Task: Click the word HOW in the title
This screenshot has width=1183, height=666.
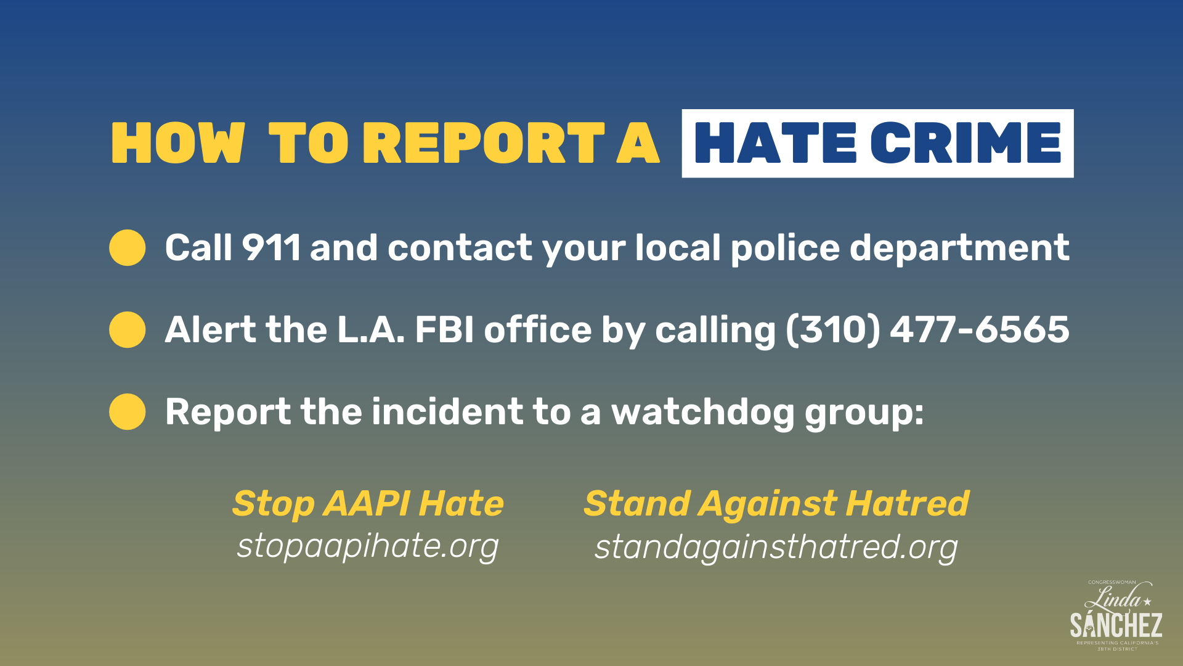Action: pos(177,143)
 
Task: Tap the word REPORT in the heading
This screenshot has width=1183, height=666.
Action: pos(484,143)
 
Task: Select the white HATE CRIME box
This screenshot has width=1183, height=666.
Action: pos(877,143)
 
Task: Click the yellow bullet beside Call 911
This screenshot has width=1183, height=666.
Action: pos(128,248)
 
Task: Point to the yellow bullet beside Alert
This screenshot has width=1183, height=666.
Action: pos(128,329)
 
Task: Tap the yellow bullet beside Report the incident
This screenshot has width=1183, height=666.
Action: pos(128,411)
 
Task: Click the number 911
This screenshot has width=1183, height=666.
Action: pos(271,248)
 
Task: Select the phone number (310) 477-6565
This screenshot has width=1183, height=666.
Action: pos(927,329)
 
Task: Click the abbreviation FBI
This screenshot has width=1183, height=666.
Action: pos(444,329)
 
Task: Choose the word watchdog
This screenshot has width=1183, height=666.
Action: pos(702,412)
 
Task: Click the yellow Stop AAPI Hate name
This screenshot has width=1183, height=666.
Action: pos(368,503)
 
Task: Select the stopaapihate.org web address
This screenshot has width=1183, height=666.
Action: pos(368,546)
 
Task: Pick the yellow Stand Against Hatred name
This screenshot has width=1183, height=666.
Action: pos(776,503)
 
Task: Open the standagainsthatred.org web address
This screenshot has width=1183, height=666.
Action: pos(776,548)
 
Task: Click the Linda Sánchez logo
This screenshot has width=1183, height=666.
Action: pos(1116,615)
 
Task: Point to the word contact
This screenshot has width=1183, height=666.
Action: pos(460,248)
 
